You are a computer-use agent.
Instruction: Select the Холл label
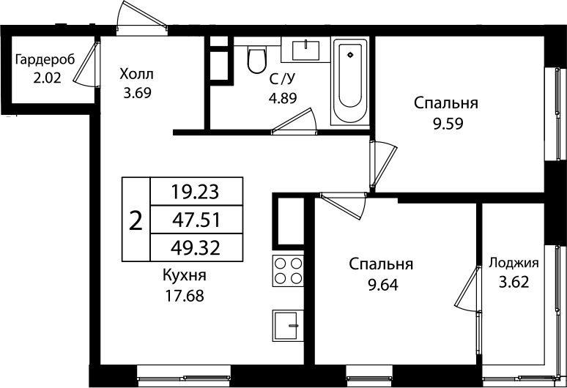[x=137, y=74]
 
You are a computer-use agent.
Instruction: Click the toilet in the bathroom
[x=256, y=60]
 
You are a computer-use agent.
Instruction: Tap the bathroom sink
[x=306, y=50]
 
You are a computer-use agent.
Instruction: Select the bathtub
[x=352, y=81]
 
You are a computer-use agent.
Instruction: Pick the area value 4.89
[x=283, y=98]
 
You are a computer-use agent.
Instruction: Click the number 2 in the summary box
[x=135, y=220]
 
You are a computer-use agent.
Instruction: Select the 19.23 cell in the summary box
[x=195, y=192]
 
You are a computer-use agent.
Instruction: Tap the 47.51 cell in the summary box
[x=195, y=219]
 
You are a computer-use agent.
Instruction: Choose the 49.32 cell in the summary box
[x=195, y=246]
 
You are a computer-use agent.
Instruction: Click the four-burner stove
[x=288, y=270]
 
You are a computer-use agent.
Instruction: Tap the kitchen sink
[x=287, y=324]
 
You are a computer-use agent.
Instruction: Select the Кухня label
[x=185, y=276]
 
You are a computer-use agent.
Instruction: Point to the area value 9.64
[x=381, y=283]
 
